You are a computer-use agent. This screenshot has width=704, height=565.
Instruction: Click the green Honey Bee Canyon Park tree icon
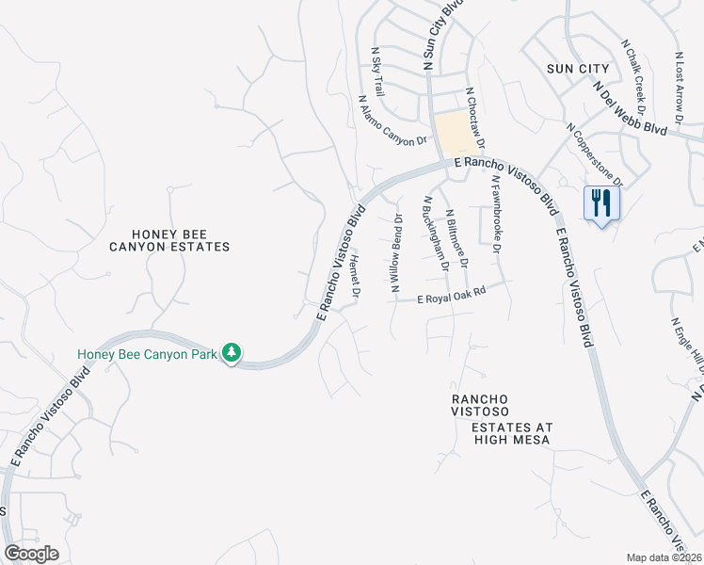tap(232, 353)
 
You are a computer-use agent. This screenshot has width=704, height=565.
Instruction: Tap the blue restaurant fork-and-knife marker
tap(600, 203)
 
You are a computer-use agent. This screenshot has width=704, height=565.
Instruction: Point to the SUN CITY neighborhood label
tap(573, 69)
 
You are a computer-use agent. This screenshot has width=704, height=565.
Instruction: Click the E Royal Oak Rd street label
tap(452, 297)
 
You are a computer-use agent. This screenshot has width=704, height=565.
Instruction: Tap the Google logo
tap(31, 554)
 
